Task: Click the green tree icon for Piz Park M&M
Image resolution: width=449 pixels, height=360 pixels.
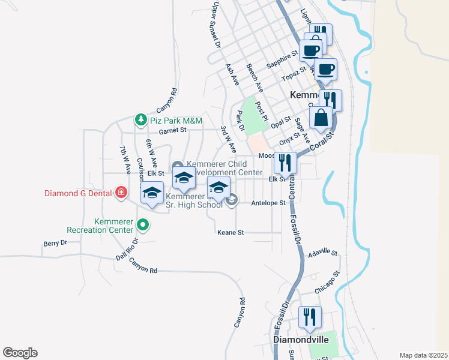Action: coord(140,119)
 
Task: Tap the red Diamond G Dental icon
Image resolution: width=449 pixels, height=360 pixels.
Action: coord(121,193)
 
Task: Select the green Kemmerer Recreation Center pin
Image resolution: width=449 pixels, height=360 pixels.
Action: coord(143,225)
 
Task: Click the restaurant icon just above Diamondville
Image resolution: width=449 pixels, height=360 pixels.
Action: coord(310,317)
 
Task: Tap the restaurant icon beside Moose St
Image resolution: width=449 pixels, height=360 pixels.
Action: coord(285,163)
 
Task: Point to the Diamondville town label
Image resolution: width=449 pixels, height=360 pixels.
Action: coord(301,340)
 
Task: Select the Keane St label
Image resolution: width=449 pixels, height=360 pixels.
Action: coord(231,232)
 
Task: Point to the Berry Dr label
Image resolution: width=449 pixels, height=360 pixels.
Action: coord(55,243)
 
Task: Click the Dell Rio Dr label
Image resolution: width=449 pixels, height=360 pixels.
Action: coord(127,248)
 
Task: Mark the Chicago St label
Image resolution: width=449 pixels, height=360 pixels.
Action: coord(328,281)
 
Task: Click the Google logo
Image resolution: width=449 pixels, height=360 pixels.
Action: coord(20,353)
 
